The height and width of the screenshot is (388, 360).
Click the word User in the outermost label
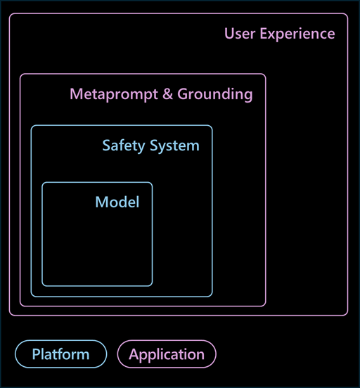point(240,34)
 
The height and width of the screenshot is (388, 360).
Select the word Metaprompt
point(114,95)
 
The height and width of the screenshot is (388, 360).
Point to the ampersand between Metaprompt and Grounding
point(167,94)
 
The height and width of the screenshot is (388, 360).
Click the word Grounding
point(215,95)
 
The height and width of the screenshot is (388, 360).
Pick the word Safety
point(124,146)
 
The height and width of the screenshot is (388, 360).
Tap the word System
point(174,146)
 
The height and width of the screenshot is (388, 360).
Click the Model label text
point(117,202)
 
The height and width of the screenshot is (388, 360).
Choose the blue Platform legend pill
point(61,354)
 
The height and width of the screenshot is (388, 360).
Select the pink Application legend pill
point(167,354)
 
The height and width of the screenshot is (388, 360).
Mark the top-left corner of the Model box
point(42,183)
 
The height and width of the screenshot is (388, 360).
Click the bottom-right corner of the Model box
point(152,286)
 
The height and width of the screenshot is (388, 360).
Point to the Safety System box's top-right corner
point(212,126)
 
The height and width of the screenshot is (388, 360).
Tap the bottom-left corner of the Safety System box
point(31,296)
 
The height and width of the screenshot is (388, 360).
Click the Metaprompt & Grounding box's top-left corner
point(20,74)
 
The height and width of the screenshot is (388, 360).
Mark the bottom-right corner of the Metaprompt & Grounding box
point(265,306)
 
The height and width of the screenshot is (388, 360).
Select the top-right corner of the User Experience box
point(347,14)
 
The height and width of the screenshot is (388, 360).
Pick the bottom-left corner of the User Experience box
point(9,315)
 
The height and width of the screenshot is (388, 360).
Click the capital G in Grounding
point(183,94)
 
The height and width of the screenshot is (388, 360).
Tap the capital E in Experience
point(264,34)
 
